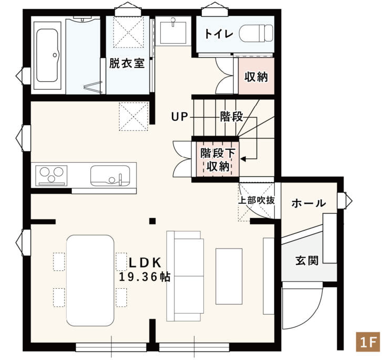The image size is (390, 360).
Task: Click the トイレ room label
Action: tap(219, 34)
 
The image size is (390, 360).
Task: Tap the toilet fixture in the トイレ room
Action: tap(256, 33)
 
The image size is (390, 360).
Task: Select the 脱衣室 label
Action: tap(127, 63)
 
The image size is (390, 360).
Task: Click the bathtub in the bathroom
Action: tap(47, 55)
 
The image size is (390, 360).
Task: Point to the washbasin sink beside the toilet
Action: tap(173, 33)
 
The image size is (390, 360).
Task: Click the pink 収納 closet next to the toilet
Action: tap(256, 76)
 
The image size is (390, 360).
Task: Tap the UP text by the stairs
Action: tap(179, 117)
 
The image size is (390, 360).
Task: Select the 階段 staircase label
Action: tap(231, 117)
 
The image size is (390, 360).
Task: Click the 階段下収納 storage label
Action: tap(218, 159)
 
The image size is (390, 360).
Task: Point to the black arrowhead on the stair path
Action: tap(243, 158)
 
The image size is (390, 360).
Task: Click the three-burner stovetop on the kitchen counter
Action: tap(51, 175)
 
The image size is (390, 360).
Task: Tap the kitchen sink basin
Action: tap(110, 176)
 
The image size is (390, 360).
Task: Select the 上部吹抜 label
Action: tap(256, 200)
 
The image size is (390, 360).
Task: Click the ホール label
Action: tap(309, 203)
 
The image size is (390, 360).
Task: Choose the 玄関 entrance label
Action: tap(307, 261)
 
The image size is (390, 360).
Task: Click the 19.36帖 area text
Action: tap(145, 277)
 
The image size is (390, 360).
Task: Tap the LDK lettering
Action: tap(145, 263)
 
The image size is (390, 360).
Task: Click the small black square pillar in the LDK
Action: tap(153, 221)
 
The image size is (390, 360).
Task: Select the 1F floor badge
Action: tap(368, 342)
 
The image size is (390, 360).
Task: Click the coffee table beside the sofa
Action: tap(229, 276)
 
